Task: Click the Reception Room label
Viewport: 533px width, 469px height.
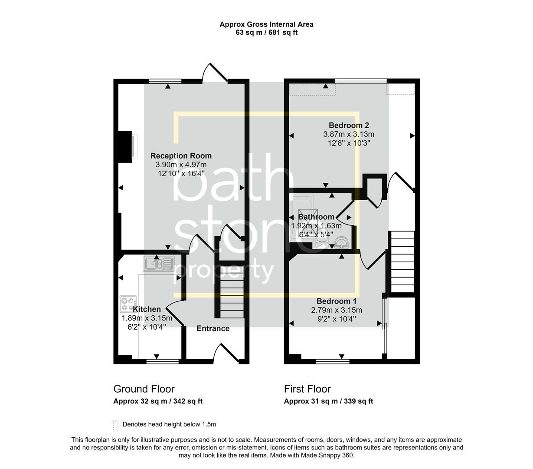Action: (x=181, y=156)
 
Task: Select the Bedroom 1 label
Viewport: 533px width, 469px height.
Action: (x=337, y=301)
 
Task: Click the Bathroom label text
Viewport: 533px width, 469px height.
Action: (x=316, y=217)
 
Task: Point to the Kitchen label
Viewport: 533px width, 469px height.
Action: (x=147, y=309)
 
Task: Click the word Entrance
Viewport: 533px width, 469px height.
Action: (x=213, y=328)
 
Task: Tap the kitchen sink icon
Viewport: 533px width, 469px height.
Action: (x=159, y=264)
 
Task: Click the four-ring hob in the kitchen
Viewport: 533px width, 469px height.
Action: (x=128, y=304)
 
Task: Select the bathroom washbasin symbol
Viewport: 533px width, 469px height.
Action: (x=341, y=242)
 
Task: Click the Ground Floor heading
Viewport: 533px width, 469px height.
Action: (x=144, y=389)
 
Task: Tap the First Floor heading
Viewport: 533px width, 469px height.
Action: (x=307, y=389)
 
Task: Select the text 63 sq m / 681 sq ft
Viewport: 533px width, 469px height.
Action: (x=266, y=32)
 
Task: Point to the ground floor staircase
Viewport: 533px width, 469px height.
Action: (x=231, y=297)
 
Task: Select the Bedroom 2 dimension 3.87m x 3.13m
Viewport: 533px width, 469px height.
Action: (x=349, y=134)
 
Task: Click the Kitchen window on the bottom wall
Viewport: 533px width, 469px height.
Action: (x=163, y=361)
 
